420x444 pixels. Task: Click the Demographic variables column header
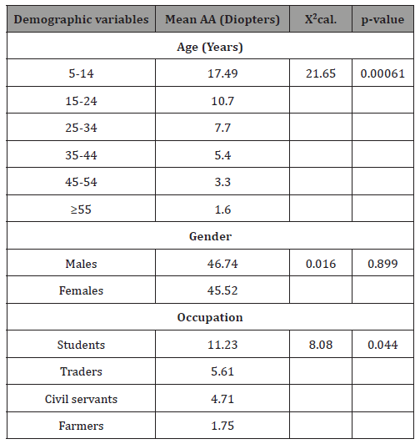pyautogui.click(x=81, y=19)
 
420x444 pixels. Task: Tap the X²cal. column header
pyautogui.click(x=314, y=19)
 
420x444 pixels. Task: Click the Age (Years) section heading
pyautogui.click(x=209, y=47)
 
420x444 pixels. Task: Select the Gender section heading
pyautogui.click(x=209, y=237)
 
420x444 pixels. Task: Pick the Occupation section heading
pyautogui.click(x=209, y=318)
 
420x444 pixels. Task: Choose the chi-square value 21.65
pyautogui.click(x=314, y=74)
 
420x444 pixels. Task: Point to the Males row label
pyautogui.click(x=81, y=264)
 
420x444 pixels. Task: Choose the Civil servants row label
pyautogui.click(x=81, y=399)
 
